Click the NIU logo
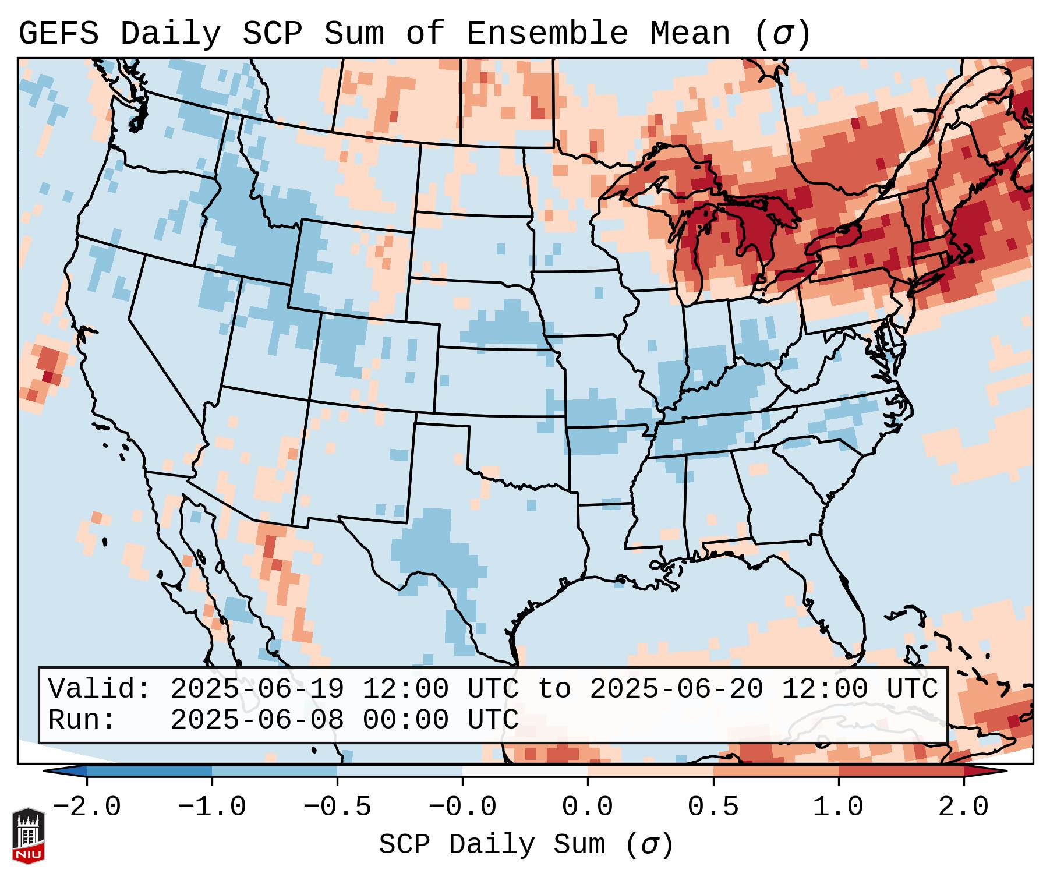28,835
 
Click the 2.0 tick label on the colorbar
963,807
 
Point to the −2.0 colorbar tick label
87,807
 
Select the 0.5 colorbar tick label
713,807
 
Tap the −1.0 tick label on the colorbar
212,807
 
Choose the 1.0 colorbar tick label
838,807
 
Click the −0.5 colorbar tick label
337,807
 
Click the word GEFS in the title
58,34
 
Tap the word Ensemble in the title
547,34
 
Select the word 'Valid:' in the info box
100,689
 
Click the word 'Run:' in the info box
82,720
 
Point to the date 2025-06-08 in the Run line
257,720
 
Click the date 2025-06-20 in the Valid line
677,689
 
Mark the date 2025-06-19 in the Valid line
257,689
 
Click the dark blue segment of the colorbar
149,771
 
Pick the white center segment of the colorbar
525,771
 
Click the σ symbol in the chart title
782,34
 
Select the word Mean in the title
690,34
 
